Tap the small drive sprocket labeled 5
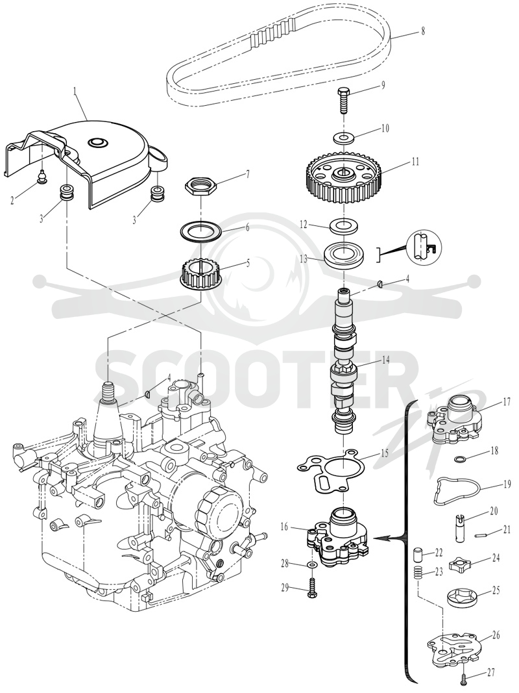pyautogui.click(x=201, y=274)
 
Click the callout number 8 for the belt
pyautogui.click(x=423, y=31)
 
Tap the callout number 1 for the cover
pyautogui.click(x=75, y=92)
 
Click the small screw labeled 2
pyautogui.click(x=42, y=179)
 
